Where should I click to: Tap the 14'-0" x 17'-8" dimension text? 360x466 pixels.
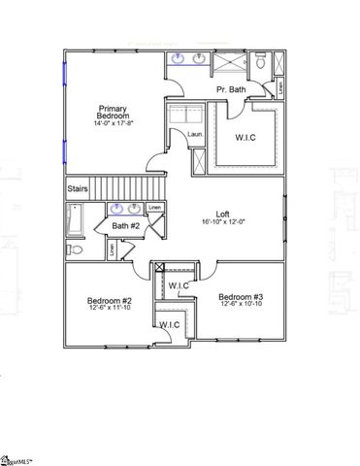[114, 122]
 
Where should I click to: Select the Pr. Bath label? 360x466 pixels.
[230, 90]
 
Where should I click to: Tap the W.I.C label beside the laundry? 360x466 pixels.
[246, 137]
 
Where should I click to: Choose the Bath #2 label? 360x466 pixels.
[127, 226]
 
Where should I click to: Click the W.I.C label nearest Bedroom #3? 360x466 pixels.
[178, 285]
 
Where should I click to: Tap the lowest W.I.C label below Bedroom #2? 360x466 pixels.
[169, 324]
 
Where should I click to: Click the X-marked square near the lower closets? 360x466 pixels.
[160, 266]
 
